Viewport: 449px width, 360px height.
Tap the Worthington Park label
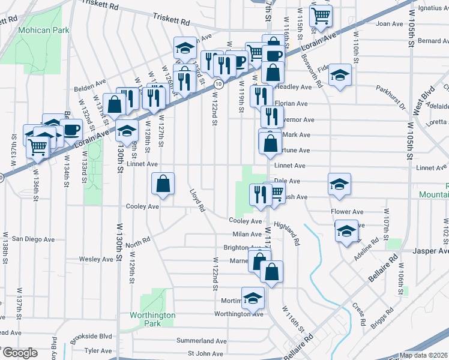coord(153,319)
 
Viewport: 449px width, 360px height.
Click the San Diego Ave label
coord(34,239)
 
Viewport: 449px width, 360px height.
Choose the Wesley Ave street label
coord(96,259)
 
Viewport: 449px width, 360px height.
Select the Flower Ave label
coord(347,212)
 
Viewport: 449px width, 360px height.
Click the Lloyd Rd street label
coord(197,202)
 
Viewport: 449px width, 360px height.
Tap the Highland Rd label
coord(286,234)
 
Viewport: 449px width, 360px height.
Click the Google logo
coord(20,353)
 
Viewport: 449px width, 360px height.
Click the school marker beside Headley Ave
coord(340,75)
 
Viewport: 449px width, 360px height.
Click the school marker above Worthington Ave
coord(253,297)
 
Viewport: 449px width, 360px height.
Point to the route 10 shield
coord(220,85)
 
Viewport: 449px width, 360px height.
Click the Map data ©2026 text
coord(423,355)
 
